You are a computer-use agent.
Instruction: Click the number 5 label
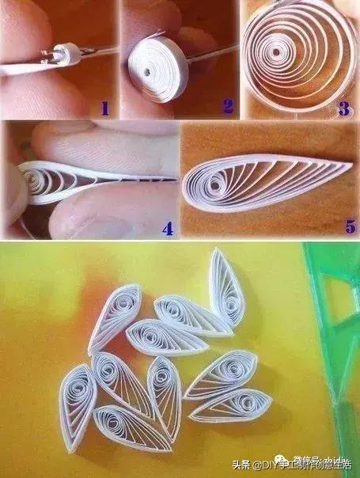tap(348, 226)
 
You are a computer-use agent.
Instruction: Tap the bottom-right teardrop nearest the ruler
tap(232, 405)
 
